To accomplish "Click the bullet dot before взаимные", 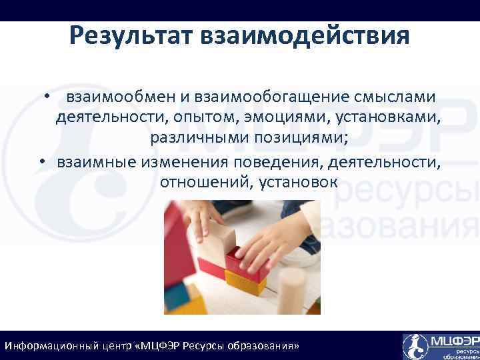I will click(41, 162).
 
